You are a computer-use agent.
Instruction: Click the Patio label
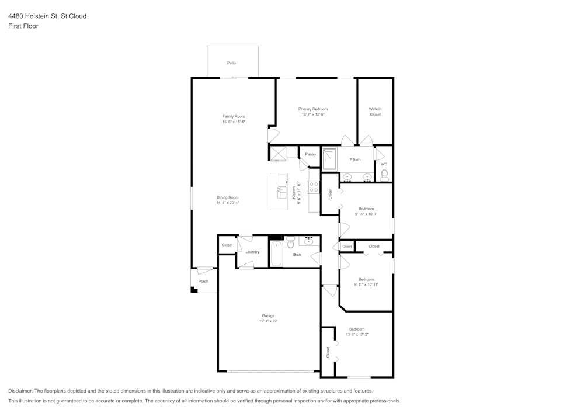pos(231,63)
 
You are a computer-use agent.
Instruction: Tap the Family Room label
pos(234,117)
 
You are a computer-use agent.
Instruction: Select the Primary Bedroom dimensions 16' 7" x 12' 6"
pos(313,114)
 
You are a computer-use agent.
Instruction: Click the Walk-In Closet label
pos(375,112)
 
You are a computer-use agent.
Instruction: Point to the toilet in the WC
pos(384,175)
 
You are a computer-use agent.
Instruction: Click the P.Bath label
pos(354,159)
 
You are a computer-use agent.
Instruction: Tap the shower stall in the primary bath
pos(329,159)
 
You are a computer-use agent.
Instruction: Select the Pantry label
pos(310,154)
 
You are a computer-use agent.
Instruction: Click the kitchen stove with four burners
pos(313,186)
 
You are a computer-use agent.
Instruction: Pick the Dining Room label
pos(228,197)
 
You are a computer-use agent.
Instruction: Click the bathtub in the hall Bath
pos(276,254)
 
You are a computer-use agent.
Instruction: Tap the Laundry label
pos(252,252)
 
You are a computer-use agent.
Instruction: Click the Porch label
pos(203,281)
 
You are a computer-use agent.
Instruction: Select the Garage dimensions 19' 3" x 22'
pos(268,321)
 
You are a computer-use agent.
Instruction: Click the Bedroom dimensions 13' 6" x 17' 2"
pos(357,334)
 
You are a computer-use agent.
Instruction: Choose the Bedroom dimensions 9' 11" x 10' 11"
pos(366,284)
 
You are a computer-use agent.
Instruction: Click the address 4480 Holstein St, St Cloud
pos(47,16)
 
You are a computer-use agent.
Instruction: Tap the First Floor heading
pos(23,26)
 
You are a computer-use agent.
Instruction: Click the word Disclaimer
pos(20,391)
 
